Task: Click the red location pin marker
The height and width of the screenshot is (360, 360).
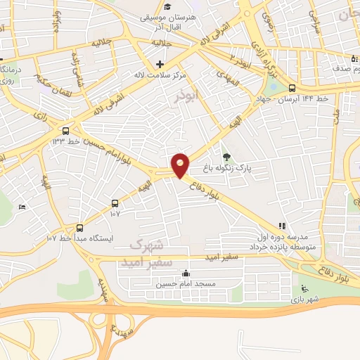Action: click(x=181, y=165)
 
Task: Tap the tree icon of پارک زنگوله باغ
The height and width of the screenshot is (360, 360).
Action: click(x=226, y=156)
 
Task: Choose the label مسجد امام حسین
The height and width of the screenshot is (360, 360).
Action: click(x=184, y=284)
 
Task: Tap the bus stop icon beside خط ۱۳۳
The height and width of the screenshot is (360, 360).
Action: click(x=66, y=130)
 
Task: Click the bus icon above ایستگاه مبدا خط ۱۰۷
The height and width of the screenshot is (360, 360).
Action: click(x=79, y=228)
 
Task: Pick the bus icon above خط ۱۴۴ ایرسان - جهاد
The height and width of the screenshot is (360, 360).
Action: click(x=292, y=89)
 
